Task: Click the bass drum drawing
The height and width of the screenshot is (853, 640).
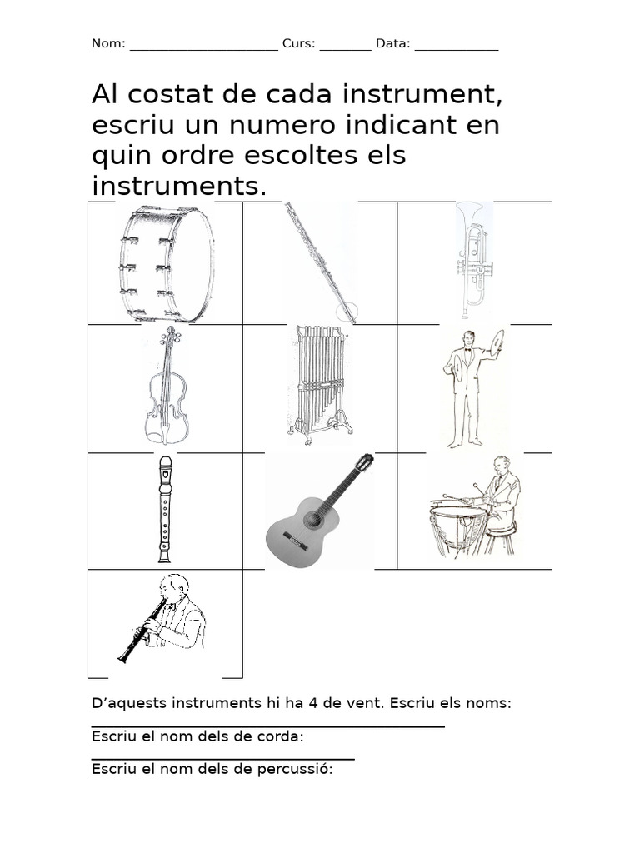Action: pos(164,264)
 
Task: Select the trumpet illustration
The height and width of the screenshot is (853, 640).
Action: pos(471,259)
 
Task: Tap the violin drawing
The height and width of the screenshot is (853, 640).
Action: pos(167,386)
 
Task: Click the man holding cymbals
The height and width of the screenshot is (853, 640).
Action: pos(469,387)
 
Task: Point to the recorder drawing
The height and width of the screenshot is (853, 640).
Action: pos(165,509)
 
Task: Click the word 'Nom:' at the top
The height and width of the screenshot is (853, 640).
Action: pos(108,44)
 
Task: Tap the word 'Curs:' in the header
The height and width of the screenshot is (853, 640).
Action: pos(299,44)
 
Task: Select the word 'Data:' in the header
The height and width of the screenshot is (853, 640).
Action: pos(392,44)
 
